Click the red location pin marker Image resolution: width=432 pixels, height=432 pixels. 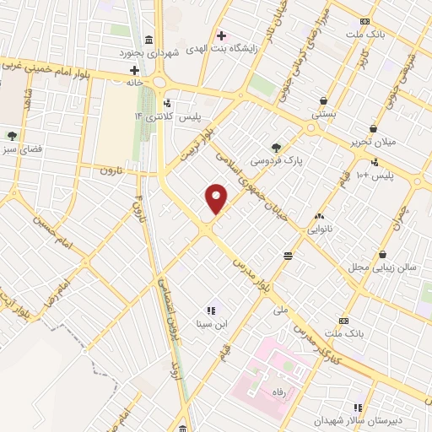pyautogui.click(x=217, y=199)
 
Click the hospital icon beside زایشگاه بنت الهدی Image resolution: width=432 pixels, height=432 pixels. pyautogui.click(x=221, y=35)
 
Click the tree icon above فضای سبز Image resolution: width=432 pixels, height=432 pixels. pyautogui.click(x=12, y=134)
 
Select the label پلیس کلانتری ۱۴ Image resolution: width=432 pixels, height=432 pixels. pyautogui.click(x=174, y=116)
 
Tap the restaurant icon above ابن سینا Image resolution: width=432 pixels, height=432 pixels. pyautogui.click(x=211, y=310)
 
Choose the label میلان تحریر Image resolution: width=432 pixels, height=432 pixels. pyautogui.click(x=378, y=143)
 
